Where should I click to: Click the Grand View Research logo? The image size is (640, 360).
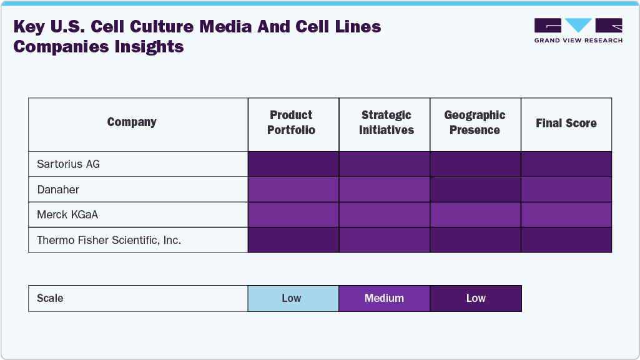578,30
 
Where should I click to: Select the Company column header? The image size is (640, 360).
132,122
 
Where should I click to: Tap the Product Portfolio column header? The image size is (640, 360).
292,122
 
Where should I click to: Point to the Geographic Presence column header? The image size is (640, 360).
475,122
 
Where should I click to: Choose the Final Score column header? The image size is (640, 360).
566,124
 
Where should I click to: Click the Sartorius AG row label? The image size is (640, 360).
69,165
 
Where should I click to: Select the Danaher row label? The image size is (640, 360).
59,190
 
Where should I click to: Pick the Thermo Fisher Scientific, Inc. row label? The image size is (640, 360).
109,240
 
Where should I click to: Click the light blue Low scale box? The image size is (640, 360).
292,298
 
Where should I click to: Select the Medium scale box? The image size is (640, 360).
384,298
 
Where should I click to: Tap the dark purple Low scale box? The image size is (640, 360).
476,298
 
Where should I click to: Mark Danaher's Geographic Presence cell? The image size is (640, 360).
475,190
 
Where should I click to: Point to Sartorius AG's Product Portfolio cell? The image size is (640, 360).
293,165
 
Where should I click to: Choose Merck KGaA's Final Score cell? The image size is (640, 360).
566,215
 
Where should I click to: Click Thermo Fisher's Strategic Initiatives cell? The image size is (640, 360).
384,240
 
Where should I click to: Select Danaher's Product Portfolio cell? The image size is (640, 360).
293,190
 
